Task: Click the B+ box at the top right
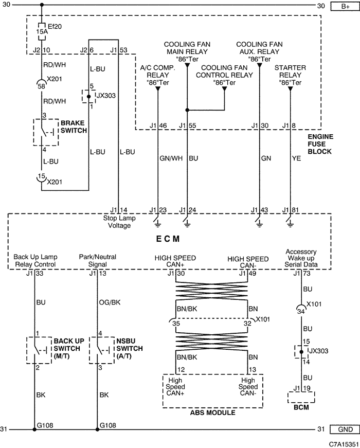pos(345,6)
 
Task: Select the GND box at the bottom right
pos(345,429)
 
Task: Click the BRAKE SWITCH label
pos(74,127)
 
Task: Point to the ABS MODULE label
pos(212,413)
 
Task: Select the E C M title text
pos(168,239)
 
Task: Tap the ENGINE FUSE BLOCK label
pos(320,144)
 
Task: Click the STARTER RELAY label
pos(290,71)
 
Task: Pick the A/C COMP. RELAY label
pos(157,71)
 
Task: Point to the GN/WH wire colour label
pos(171,158)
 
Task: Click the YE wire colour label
pos(297,158)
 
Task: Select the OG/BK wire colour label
pos(110,302)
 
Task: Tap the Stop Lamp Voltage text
pos(119,222)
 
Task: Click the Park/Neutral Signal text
pos(98,260)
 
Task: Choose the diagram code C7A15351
pos(344,444)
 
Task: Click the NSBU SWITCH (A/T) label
pos(130,349)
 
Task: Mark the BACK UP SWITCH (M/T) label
pos(69,349)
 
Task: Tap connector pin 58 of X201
pos(42,86)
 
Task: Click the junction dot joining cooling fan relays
pos(187,110)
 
